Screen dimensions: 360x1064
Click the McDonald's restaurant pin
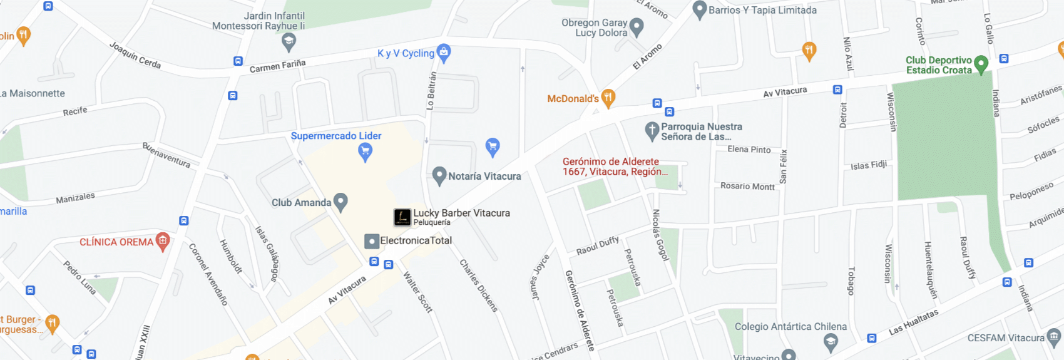click(608, 98)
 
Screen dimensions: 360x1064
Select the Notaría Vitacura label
click(484, 177)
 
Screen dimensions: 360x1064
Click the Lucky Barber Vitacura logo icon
click(402, 217)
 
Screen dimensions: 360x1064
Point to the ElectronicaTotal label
click(416, 240)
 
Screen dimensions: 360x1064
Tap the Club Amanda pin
click(340, 202)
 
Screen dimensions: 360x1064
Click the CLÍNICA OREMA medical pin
click(163, 241)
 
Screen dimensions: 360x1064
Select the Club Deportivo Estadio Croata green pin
click(981, 64)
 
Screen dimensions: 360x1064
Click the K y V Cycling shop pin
click(444, 53)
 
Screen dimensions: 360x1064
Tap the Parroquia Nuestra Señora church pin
click(652, 131)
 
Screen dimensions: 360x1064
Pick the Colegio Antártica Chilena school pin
click(831, 342)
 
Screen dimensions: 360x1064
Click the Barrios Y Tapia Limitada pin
click(699, 10)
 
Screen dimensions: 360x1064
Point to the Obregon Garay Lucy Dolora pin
click(637, 27)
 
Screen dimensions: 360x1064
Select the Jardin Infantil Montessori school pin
click(289, 42)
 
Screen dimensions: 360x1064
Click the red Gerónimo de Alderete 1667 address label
click(614, 167)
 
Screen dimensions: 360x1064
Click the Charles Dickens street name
click(479, 285)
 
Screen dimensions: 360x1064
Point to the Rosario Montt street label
click(747, 186)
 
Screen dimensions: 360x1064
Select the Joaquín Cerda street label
click(135, 55)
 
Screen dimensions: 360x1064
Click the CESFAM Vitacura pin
click(1054, 337)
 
